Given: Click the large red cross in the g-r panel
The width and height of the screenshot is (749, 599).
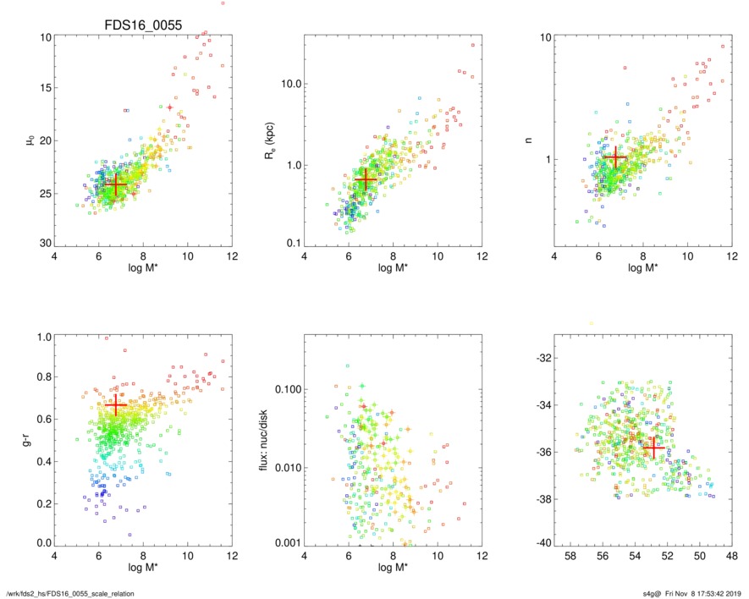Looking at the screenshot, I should pyautogui.click(x=115, y=406).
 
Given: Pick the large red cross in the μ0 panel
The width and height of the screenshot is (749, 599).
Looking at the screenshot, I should pyautogui.click(x=115, y=184).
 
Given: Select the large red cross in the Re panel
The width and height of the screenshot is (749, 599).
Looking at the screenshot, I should pyautogui.click(x=366, y=179).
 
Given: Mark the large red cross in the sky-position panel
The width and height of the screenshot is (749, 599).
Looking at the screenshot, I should pyautogui.click(x=653, y=448).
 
